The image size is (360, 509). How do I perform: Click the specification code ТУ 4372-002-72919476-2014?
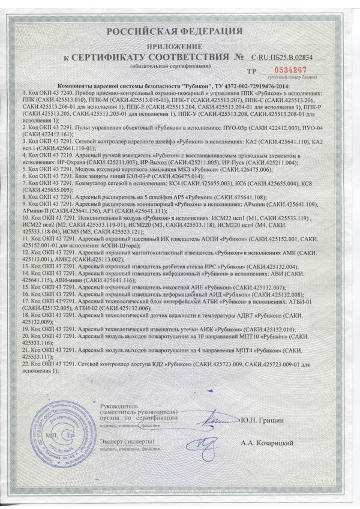pos(263,88)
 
